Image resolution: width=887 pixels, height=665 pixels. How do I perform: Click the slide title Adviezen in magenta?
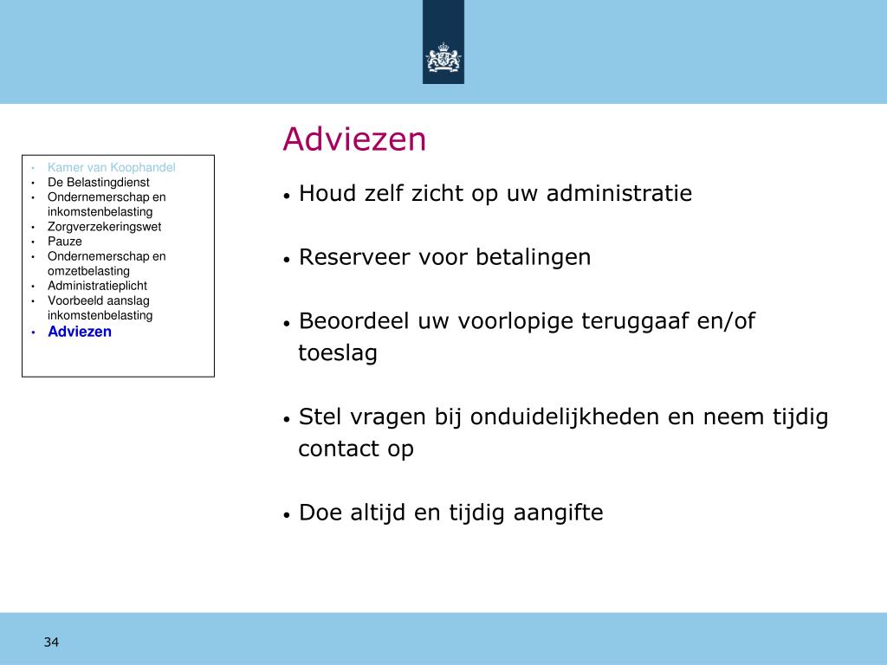354,139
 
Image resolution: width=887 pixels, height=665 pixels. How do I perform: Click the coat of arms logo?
443,58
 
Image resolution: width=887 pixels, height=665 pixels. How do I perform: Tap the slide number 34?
51,642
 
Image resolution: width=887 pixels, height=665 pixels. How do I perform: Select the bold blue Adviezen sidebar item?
80,332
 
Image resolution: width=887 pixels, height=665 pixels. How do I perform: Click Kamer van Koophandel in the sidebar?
112,167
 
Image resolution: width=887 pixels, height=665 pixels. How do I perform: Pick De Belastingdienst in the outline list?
99,182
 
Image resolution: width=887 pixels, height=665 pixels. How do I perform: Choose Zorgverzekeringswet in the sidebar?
104,227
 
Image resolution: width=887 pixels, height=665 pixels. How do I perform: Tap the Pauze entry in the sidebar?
64,242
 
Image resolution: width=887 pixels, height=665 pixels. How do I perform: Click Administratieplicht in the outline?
97,286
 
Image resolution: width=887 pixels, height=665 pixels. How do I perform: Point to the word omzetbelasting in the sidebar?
89,271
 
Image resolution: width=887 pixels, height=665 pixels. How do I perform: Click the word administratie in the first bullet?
618,193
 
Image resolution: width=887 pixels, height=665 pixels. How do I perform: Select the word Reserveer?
354,257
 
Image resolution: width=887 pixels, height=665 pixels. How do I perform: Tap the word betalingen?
534,258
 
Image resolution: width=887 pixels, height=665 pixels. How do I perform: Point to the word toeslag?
338,353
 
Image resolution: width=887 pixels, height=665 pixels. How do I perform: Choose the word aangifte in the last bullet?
558,513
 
